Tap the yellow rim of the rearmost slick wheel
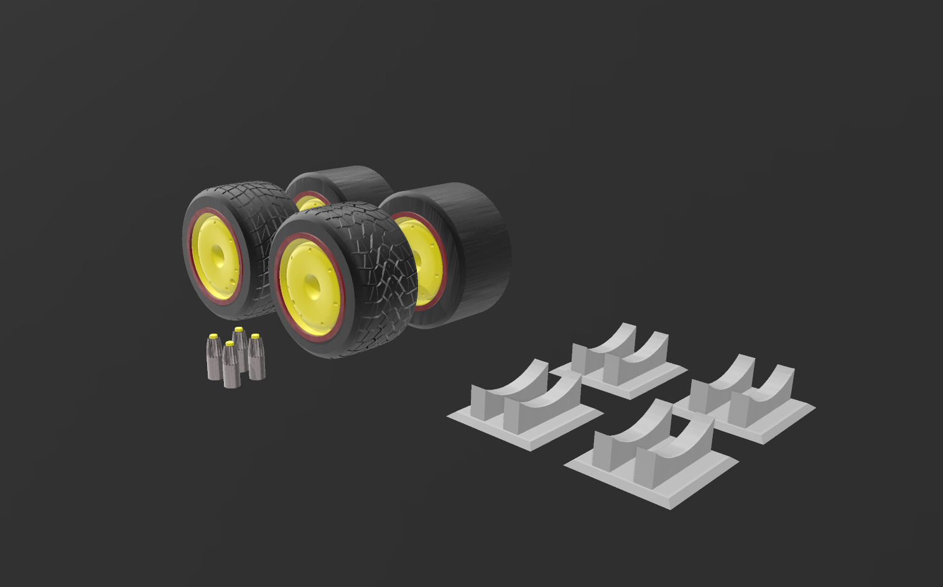coord(309,203)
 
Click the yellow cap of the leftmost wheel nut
coord(213,336)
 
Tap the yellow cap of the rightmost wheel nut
coord(255,337)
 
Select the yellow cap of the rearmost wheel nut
coord(238,329)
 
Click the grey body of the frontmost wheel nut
coord(231,370)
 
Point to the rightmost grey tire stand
coord(746,398)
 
